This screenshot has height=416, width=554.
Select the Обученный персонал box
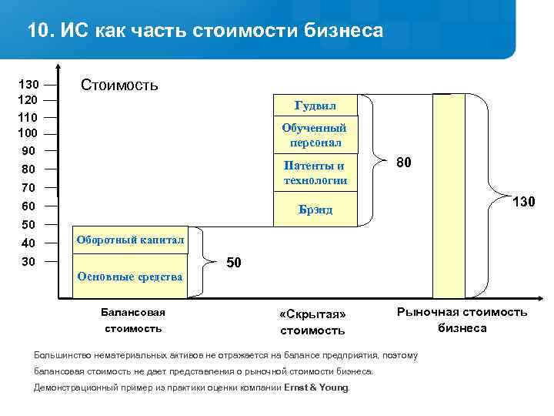(x=315, y=136)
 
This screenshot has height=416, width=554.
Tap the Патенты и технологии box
(x=315, y=173)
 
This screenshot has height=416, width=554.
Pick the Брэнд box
(x=315, y=210)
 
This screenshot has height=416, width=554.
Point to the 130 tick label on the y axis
(x=28, y=84)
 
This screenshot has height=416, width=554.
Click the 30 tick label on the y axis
(x=28, y=262)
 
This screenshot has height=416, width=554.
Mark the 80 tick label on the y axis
(x=28, y=169)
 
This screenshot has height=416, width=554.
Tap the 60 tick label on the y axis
(x=28, y=206)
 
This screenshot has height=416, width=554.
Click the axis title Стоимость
(x=119, y=85)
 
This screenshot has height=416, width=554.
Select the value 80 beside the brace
(x=404, y=163)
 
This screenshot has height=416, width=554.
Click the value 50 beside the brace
(x=235, y=263)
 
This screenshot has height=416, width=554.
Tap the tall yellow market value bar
(x=449, y=196)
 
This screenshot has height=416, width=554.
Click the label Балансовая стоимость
(x=133, y=320)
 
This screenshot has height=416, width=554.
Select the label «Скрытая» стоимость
(x=312, y=323)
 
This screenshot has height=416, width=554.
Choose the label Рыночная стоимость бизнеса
(x=462, y=320)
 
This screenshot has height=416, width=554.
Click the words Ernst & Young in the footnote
(x=315, y=387)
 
